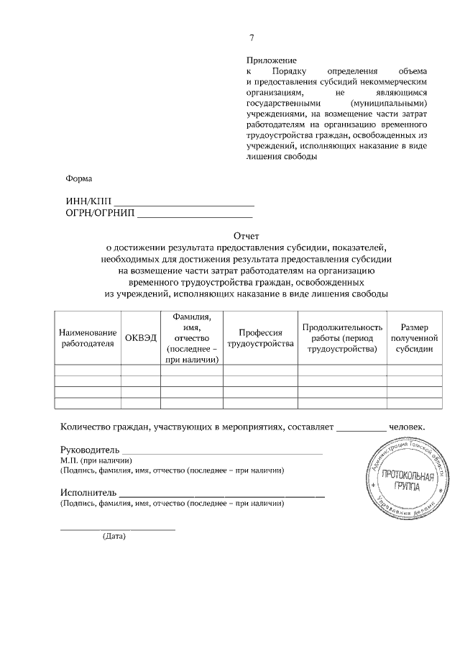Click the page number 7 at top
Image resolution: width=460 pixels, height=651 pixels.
coord(252,38)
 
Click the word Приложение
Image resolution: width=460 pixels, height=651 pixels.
coord(271,61)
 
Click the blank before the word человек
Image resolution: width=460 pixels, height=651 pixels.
coord(361,429)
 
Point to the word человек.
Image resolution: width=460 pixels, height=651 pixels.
coord(407,426)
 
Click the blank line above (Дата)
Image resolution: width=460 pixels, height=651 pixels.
coord(117,529)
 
